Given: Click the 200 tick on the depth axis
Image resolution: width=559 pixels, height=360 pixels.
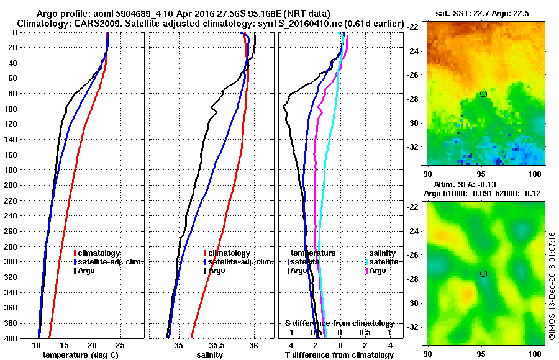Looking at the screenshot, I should coord(10,185).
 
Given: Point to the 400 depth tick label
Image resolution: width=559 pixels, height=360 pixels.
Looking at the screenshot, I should coord(10,338).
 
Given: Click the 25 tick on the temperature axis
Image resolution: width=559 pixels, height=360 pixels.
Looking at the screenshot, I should coord(120,345).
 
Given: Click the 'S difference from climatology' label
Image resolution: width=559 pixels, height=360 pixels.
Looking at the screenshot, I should coord(339,323).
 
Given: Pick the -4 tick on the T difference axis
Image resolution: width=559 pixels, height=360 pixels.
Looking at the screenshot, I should coord(288,345).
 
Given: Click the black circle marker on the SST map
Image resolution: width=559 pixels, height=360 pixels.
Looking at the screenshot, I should coord(483,94).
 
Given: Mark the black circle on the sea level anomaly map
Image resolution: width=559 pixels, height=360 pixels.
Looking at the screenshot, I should coord(483,274).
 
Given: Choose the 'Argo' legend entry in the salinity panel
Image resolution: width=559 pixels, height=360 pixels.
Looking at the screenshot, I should coord(217,271).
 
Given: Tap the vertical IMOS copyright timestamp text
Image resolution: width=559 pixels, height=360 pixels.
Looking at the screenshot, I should coord(552,286).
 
